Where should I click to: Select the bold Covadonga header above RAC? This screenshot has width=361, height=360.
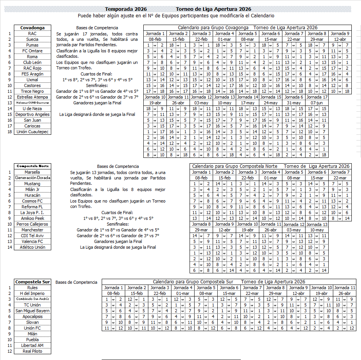tap(32, 28)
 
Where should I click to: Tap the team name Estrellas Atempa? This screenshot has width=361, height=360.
tap(32, 97)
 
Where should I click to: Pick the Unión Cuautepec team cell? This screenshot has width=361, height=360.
tap(32, 132)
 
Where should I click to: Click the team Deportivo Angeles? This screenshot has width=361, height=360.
tap(32, 114)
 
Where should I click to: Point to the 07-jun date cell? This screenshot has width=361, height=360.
tap(317, 103)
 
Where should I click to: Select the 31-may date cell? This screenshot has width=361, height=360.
tap(294, 103)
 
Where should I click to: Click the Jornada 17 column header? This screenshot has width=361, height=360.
tap(317, 97)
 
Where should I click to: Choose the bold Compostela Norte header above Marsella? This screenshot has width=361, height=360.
tap(32, 166)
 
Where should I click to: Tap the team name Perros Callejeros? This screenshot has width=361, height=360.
tap(32, 224)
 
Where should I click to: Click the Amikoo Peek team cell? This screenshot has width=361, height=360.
tap(32, 218)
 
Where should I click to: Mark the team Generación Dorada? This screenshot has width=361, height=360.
tap(32, 178)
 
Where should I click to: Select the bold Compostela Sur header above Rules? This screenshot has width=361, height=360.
tap(32, 282)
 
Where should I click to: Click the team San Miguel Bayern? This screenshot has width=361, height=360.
tap(32, 311)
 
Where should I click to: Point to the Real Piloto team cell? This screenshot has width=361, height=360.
tap(32, 351)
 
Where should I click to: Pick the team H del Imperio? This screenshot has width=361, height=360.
tap(32, 293)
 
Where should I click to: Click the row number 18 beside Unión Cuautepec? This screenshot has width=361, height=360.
tap(8, 132)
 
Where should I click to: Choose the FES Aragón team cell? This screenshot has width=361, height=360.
tap(32, 74)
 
